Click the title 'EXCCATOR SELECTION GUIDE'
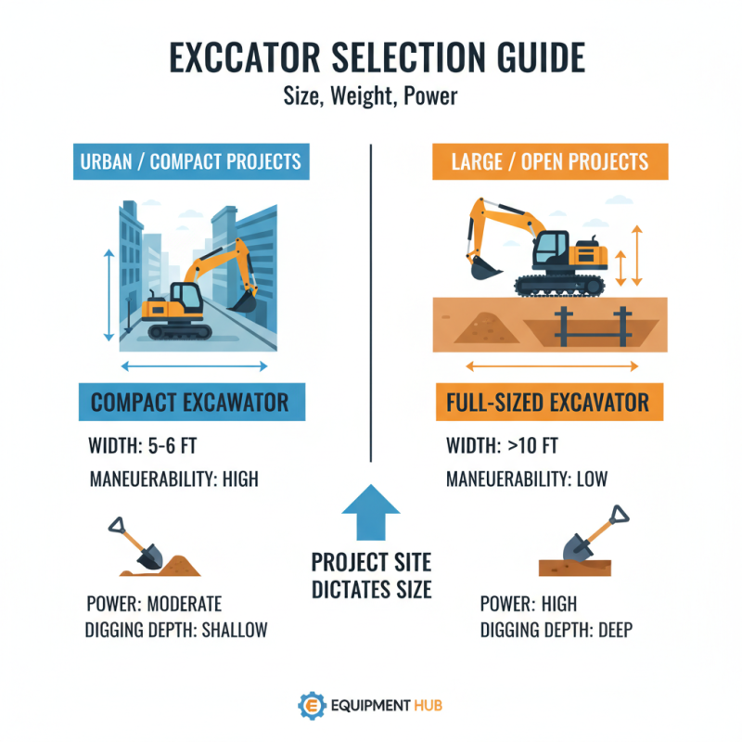(x=371, y=58)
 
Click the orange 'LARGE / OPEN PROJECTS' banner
(x=550, y=161)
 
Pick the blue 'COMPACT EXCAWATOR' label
(x=189, y=403)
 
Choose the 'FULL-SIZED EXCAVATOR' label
(x=550, y=403)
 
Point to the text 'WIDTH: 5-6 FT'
(x=144, y=446)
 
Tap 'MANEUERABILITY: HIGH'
(x=173, y=480)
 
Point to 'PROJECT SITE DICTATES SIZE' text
(x=371, y=575)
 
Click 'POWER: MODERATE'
(x=156, y=604)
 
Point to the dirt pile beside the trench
(x=480, y=326)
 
